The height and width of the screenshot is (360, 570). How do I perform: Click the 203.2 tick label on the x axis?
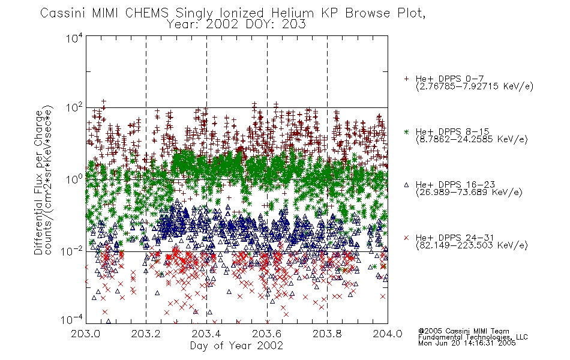tap(146, 334)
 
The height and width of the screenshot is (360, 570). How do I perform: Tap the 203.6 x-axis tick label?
tap(267, 334)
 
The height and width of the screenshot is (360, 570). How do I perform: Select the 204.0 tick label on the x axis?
tap(388, 334)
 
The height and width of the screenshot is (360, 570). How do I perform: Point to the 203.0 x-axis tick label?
tap(85, 334)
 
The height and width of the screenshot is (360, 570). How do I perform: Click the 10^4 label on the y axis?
tap(74, 38)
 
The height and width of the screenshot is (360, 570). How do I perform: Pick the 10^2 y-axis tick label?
tap(74, 108)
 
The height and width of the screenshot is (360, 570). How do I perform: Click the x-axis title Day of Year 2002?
tap(236, 346)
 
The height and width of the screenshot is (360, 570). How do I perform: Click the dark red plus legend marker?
tap(406, 79)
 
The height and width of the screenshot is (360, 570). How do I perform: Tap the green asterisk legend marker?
tap(406, 131)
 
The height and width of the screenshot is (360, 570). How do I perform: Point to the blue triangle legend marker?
tap(406, 185)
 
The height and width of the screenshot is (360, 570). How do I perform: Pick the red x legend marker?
tap(406, 238)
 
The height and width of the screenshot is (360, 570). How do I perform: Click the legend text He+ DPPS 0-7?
tap(449, 79)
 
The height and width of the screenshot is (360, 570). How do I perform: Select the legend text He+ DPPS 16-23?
tap(455, 185)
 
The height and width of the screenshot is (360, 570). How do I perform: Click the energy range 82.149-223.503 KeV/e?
tap(472, 245)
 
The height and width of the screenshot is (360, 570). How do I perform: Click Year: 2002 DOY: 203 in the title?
tap(236, 25)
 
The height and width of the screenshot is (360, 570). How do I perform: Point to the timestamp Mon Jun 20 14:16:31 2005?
tap(467, 343)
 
